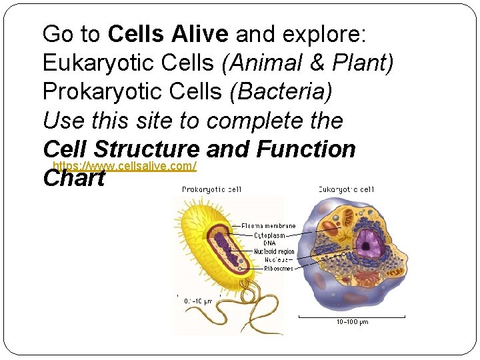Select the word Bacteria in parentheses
280,92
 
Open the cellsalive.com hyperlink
124,165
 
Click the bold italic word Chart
73,179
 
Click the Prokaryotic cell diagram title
211,189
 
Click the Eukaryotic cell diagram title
346,189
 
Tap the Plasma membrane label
268,226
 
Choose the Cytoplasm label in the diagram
269,235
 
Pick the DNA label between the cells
269,243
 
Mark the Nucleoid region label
274,251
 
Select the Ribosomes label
273,268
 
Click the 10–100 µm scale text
351,322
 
